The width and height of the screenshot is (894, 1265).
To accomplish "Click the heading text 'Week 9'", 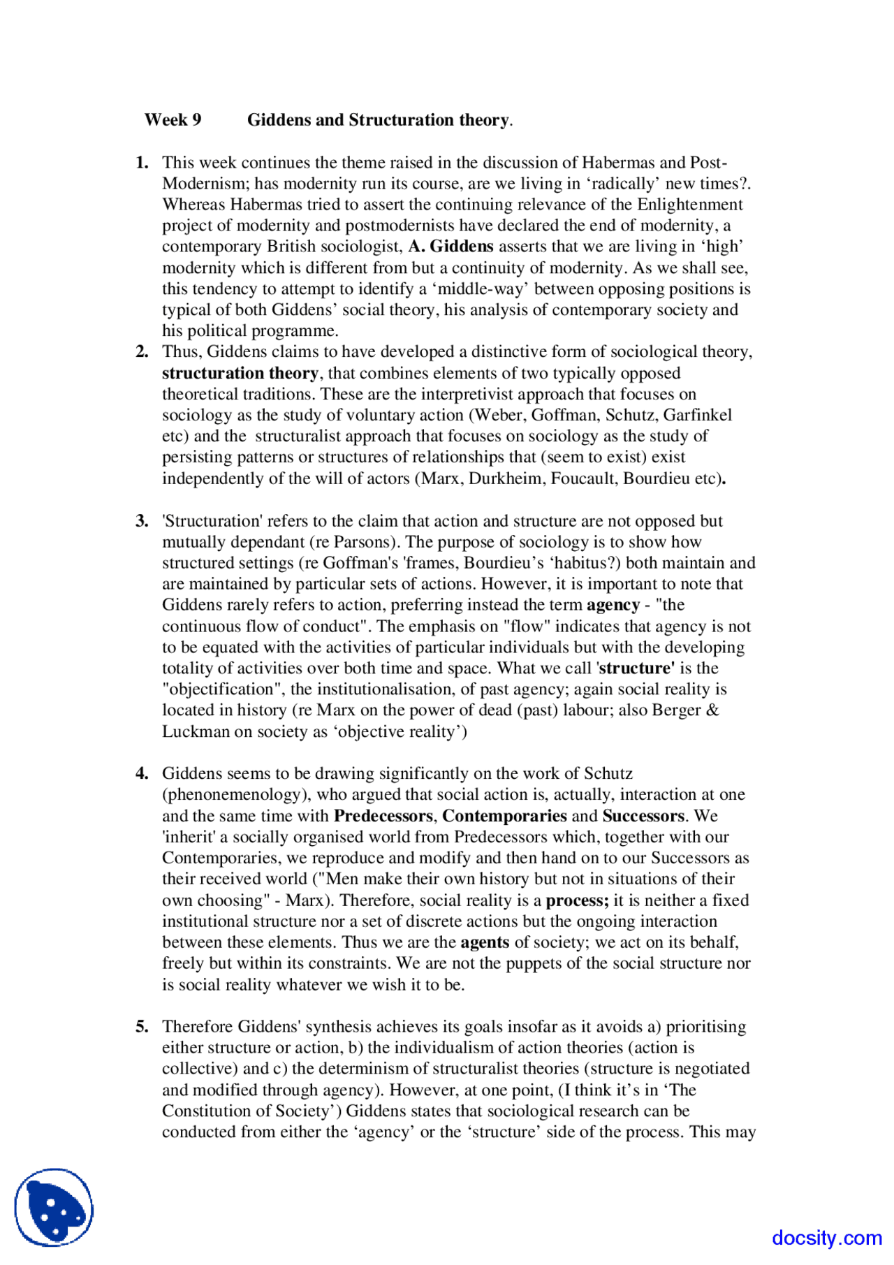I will (173, 120).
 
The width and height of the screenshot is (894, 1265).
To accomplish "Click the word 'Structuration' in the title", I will (401, 120).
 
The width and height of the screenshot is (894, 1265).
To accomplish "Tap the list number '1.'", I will (142, 163).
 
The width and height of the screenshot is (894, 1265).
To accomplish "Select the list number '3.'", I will (142, 521).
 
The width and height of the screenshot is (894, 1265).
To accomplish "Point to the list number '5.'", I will (142, 1027).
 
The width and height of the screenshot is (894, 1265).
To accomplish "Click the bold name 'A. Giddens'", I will (451, 247).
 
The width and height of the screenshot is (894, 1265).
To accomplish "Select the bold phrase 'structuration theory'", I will (240, 373).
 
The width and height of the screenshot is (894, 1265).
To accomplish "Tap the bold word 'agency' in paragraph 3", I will (613, 605).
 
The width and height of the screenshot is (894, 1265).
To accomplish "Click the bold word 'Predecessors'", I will (383, 816).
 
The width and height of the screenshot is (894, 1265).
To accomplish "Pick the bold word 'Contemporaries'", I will (504, 816).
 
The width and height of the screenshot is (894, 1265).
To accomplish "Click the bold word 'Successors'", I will (643, 816).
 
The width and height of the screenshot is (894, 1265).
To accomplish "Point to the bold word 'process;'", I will (577, 900).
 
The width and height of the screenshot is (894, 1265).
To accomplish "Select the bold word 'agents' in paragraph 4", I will (484, 942).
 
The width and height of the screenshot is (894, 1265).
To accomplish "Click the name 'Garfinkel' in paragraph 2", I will (697, 415).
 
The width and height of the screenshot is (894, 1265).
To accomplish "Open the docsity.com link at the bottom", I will (826, 1238).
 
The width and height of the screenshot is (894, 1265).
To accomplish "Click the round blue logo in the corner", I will (54, 1207).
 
